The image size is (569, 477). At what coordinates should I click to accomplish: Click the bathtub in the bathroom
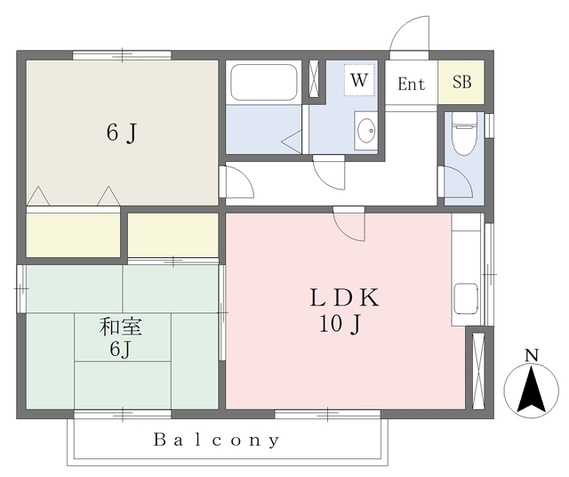point(264,82)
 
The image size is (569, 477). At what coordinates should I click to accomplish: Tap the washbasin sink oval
point(365,131)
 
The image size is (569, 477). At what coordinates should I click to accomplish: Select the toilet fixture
point(464,133)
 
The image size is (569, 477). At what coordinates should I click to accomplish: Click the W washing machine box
point(359,80)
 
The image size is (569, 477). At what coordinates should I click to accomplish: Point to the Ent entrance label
point(411,85)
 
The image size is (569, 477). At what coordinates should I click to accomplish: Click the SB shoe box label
point(462,82)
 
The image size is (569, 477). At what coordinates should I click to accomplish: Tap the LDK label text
point(344,297)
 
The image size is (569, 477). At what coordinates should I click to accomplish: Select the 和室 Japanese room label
point(121,327)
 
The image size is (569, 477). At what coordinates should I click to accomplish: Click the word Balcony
point(217,441)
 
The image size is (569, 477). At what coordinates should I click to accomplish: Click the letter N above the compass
point(532,355)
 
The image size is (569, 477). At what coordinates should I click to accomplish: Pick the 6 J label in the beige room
point(122,133)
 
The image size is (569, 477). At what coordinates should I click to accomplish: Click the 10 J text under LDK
point(341,324)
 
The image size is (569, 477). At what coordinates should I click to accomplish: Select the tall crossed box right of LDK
point(478,371)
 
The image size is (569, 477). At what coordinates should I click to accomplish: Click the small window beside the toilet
point(489,125)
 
